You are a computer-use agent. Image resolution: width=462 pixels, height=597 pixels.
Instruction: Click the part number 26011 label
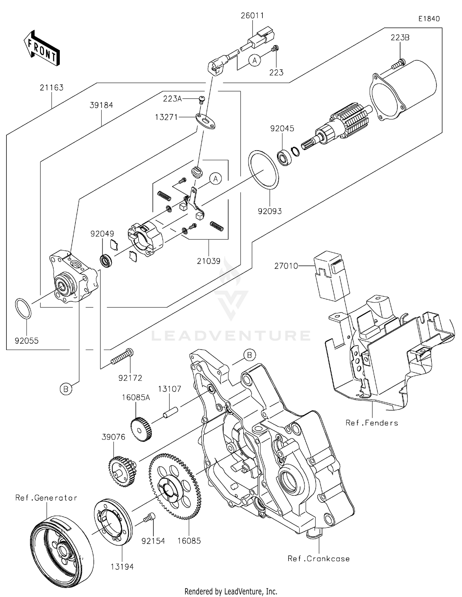252,15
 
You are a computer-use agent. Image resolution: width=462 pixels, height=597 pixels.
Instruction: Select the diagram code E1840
429,19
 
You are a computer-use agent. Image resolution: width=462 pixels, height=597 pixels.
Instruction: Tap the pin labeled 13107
171,413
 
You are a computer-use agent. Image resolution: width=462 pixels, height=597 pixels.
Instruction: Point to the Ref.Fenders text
372,423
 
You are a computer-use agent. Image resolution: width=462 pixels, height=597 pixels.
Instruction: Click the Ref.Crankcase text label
318,558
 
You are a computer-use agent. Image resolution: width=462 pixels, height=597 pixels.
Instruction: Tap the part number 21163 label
51,88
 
